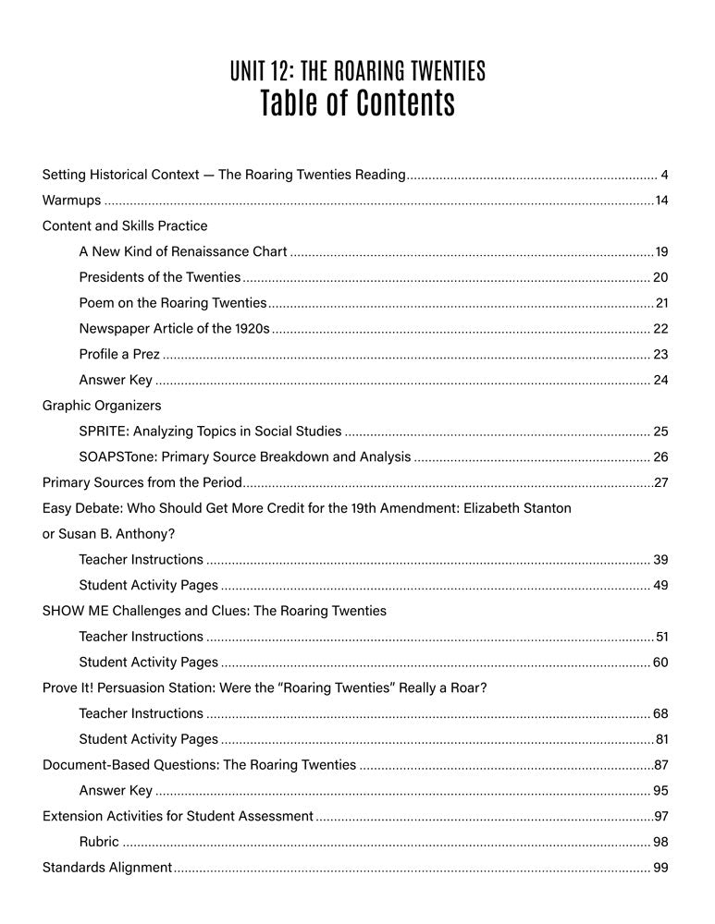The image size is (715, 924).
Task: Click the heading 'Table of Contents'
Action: coord(357,103)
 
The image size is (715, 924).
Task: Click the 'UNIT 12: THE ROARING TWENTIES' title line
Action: coord(357,70)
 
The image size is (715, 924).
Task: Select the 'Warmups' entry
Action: coord(72,201)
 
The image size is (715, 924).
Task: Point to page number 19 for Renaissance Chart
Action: coord(660,251)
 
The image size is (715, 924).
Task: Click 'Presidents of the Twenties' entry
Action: coord(159,277)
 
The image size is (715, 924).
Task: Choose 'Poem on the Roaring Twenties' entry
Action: coord(172,303)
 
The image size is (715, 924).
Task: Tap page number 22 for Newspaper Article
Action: coord(660,329)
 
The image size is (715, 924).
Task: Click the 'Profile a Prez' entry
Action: coord(119,354)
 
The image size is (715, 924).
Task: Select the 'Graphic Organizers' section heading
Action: coord(102,406)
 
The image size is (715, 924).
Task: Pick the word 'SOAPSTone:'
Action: coord(114,456)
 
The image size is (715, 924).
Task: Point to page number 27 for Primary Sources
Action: coord(660,482)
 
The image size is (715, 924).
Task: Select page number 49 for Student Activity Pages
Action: coord(660,585)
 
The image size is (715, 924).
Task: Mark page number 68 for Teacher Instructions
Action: coord(660,713)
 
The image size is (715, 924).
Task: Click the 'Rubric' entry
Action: coord(99,842)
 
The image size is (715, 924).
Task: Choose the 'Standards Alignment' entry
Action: coord(107,868)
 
